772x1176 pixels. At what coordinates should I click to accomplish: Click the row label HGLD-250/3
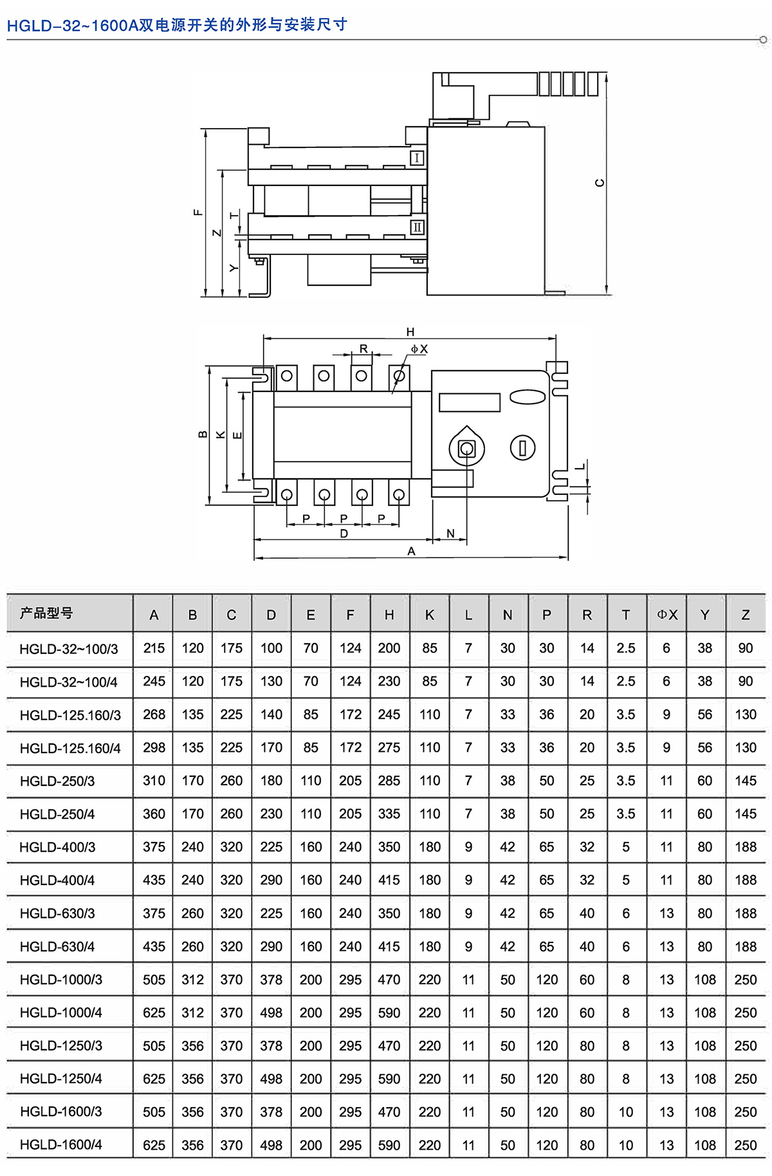point(57,781)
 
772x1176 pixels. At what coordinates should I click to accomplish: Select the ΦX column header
point(667,615)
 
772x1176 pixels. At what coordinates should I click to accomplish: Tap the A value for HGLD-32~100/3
point(154,648)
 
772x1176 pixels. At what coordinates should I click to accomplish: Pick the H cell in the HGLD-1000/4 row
point(389,1013)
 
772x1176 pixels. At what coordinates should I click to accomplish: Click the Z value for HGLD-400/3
point(746,847)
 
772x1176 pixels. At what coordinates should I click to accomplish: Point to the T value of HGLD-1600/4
point(626,1145)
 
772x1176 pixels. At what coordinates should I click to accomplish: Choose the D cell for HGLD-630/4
point(271,946)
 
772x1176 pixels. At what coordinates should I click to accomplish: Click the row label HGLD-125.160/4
point(70,748)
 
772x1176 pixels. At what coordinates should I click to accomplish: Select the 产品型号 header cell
point(46,613)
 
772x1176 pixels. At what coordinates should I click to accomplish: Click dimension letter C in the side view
point(600,183)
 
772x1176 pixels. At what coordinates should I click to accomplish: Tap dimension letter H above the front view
point(410,332)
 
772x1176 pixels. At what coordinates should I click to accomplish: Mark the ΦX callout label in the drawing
point(419,349)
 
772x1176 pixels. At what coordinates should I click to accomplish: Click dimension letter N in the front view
point(450,534)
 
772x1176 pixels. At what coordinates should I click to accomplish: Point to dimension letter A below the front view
point(412,551)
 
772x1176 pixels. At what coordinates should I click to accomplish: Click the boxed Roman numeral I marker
point(417,158)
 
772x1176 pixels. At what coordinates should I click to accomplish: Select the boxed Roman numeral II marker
point(418,227)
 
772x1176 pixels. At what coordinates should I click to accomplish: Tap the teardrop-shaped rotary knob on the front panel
point(466,447)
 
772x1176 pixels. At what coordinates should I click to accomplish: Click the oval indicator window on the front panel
point(528,397)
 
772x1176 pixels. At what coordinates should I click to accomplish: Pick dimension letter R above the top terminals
point(363,348)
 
